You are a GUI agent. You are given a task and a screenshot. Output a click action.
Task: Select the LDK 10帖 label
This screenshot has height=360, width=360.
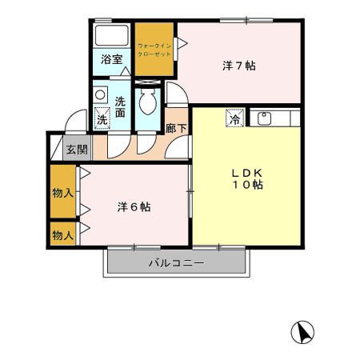(248, 178)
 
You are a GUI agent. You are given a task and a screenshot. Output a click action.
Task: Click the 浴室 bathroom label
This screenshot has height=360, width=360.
(112, 59)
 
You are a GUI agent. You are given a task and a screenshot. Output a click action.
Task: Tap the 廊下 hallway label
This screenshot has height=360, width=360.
(176, 126)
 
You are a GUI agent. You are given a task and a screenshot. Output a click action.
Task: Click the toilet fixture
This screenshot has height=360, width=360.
(148, 102)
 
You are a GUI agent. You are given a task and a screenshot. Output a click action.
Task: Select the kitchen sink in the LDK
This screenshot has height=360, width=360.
(265, 118)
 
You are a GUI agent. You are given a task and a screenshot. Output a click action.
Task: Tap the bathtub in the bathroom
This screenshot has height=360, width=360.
(112, 36)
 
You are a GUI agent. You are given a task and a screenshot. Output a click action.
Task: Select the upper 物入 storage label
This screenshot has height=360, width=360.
(62, 192)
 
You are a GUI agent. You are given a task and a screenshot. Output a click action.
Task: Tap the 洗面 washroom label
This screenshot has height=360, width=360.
(120, 108)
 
